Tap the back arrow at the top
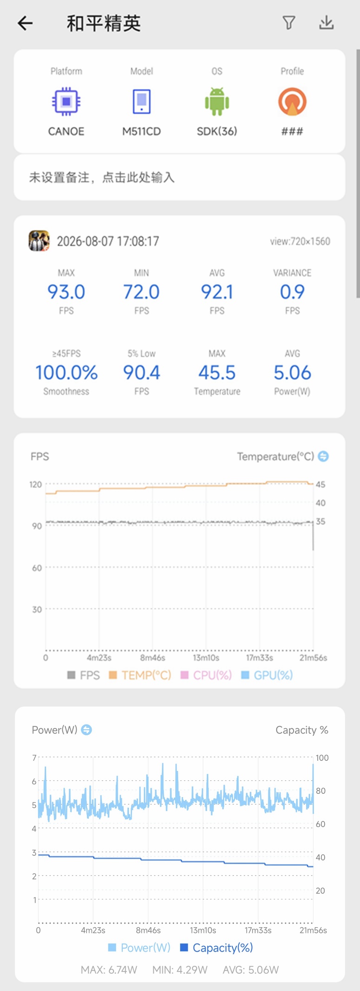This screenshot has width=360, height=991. click(25, 23)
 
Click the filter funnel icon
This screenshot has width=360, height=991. click(289, 23)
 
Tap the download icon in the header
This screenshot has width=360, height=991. click(327, 22)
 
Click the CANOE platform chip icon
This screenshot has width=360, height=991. click(66, 101)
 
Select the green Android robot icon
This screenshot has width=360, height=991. click(217, 101)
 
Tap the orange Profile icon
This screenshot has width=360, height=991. click(292, 101)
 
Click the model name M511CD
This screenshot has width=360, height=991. click(141, 132)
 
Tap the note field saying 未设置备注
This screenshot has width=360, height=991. click(102, 177)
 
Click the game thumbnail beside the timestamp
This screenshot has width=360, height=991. click(39, 240)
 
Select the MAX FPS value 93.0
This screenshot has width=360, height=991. click(66, 292)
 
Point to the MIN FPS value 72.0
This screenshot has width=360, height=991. click(141, 292)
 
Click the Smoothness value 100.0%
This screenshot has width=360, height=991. click(67, 372)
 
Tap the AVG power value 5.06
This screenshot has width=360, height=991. click(292, 372)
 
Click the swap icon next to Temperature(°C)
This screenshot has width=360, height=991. click(323, 456)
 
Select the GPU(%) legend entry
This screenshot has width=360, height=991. click(267, 675)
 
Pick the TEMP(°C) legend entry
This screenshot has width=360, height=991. click(140, 675)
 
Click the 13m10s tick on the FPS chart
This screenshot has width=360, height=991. click(206, 658)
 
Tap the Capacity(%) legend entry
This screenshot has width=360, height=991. click(216, 947)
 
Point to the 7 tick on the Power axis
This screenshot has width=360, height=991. click(34, 758)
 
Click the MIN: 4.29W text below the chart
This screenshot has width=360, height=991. click(180, 970)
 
